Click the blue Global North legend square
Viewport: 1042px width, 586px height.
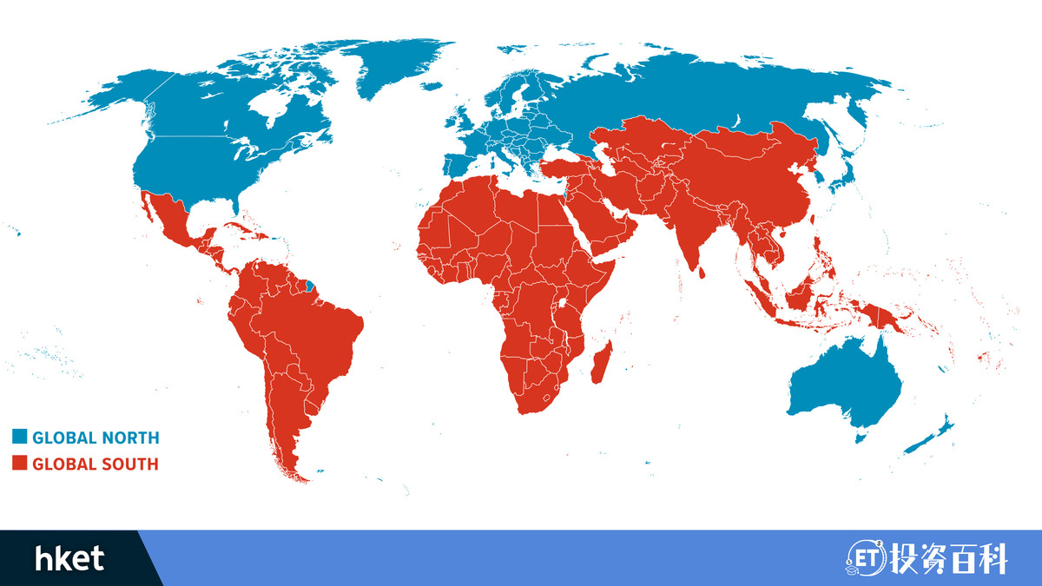pos(19,437)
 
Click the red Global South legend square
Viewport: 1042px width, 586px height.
pos(19,463)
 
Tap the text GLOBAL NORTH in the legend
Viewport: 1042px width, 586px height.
pos(96,438)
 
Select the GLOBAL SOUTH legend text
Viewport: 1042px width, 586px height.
pos(96,464)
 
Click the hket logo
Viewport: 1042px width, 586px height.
pos(69,558)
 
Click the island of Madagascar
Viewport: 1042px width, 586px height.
pos(601,363)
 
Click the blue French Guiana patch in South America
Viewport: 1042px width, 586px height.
pos(310,282)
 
